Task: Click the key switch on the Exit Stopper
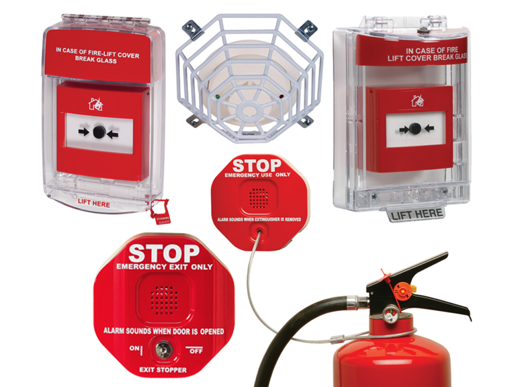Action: point(164,349)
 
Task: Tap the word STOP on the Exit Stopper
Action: point(164,253)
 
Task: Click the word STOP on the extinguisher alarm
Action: point(256,165)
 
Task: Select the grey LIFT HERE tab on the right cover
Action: point(416,214)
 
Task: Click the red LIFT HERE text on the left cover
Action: point(93,201)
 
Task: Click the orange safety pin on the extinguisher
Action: point(402,290)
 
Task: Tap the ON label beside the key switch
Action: point(135,348)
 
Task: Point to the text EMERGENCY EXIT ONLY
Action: point(164,267)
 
